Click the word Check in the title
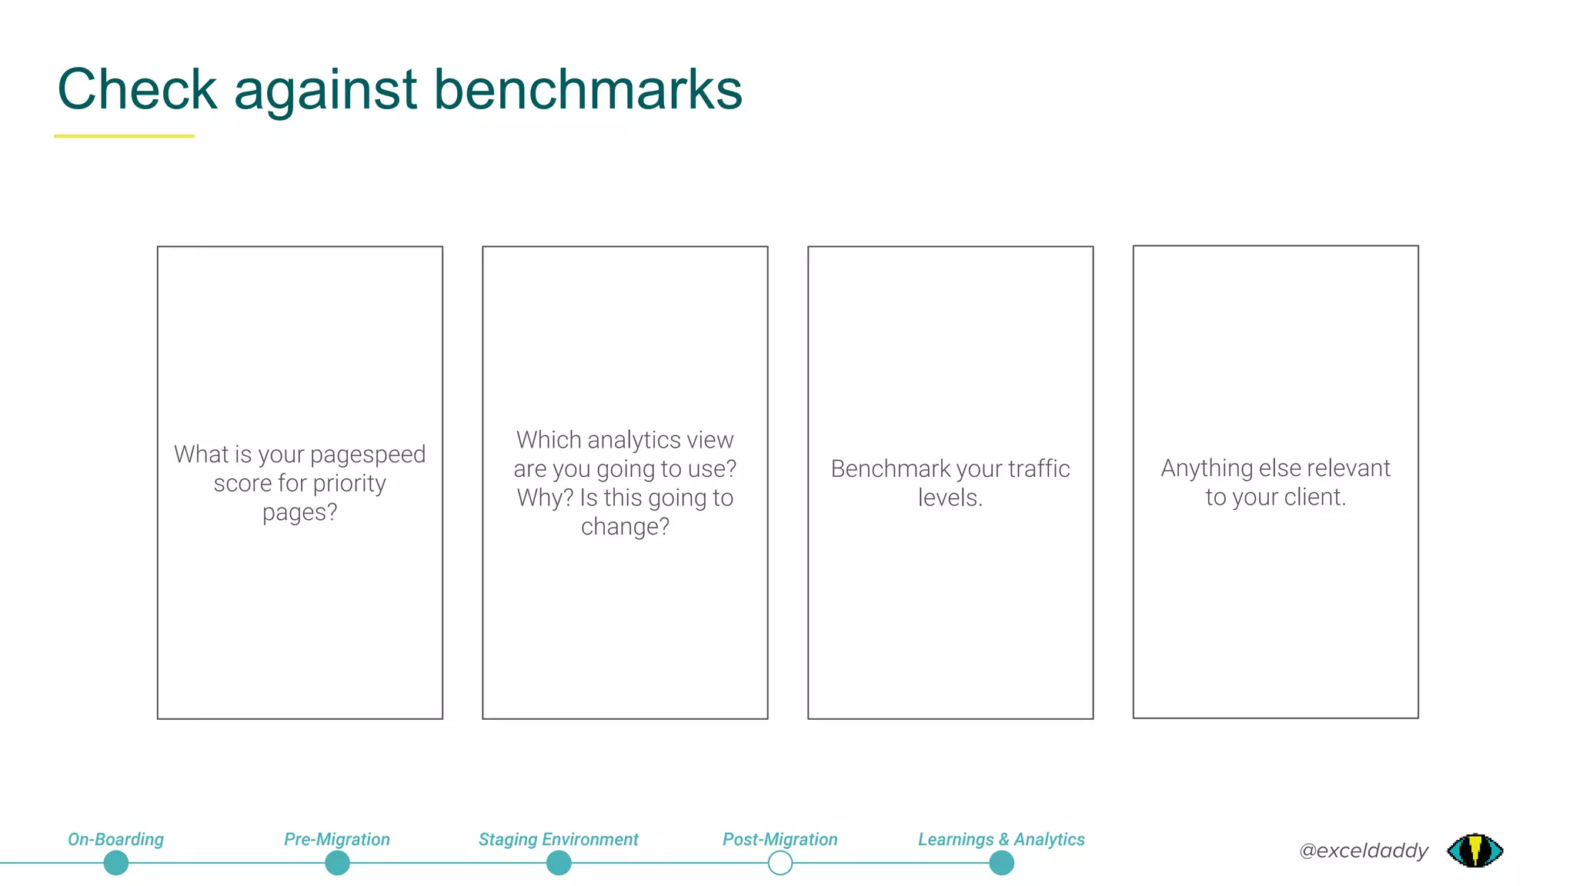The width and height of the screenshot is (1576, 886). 137,89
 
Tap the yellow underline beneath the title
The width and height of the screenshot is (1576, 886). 124,136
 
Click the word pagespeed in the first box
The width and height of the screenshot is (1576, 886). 367,455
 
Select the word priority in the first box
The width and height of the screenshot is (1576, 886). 349,483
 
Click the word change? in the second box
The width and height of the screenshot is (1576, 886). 625,527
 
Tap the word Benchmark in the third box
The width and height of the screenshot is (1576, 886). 890,468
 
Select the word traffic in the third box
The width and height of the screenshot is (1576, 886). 1039,468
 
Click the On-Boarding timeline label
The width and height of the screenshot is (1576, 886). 115,839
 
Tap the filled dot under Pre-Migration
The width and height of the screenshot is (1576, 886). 337,864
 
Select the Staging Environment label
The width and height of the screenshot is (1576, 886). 558,839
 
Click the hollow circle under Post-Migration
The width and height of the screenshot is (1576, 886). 780,864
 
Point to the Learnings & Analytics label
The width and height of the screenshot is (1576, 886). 1000,839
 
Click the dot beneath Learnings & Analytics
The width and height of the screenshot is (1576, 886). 1001,864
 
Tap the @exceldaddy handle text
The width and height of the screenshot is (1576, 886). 1363,851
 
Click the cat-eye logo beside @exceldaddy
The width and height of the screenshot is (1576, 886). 1474,851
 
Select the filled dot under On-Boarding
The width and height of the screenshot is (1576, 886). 115,864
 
